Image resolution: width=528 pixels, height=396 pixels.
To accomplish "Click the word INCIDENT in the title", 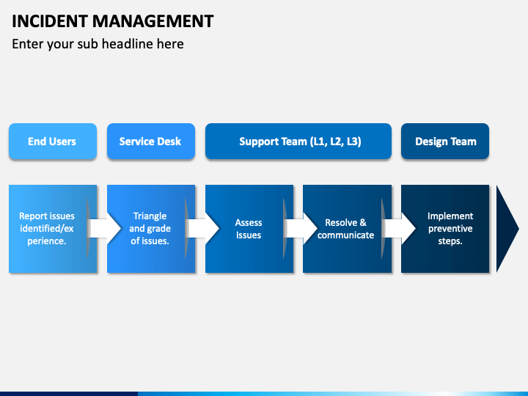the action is [x=50, y=21].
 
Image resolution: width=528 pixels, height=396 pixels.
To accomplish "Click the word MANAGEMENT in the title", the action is [x=153, y=21].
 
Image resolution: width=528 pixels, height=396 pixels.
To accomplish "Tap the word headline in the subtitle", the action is [x=128, y=44].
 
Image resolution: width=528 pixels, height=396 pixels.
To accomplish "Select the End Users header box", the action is [x=53, y=141].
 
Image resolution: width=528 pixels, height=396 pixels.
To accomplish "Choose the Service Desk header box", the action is [x=151, y=141].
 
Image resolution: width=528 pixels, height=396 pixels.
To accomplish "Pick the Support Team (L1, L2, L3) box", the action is [x=298, y=141].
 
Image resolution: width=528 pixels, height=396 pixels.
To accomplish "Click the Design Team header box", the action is [x=445, y=141].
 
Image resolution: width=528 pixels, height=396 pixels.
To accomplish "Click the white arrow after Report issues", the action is [x=105, y=229].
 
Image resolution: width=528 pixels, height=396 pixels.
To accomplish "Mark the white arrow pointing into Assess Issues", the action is [x=203, y=229].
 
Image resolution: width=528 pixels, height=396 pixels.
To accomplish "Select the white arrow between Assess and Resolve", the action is [x=301, y=229].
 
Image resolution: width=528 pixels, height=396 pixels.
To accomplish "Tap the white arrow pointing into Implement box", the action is [x=400, y=229].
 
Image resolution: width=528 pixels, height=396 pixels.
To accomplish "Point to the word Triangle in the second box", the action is [x=150, y=216].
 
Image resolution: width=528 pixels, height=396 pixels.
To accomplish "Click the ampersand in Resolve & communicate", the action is [x=363, y=223].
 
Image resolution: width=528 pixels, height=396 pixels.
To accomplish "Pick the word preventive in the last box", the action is [x=450, y=229].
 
